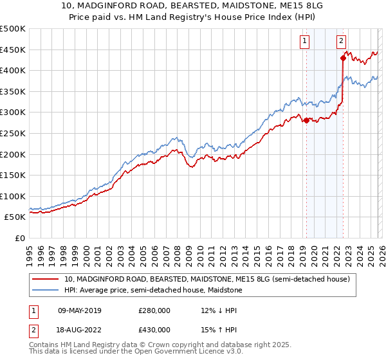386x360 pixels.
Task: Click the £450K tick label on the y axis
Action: click(x=13, y=50)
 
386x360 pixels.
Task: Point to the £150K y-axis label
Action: click(x=13, y=175)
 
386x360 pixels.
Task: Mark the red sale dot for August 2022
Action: click(x=343, y=59)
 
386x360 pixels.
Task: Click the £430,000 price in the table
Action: click(x=154, y=330)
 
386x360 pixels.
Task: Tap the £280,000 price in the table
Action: click(x=154, y=310)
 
